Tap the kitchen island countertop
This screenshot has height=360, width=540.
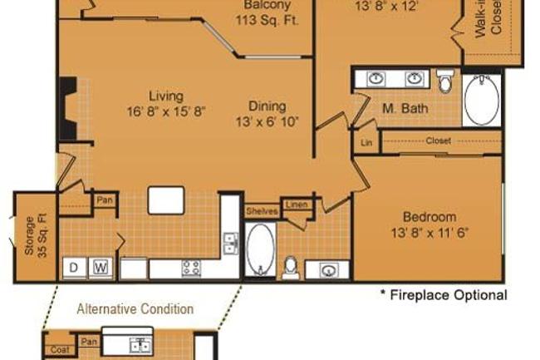point(166,200)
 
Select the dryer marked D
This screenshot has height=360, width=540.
point(74,268)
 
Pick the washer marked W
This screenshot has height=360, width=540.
point(101,268)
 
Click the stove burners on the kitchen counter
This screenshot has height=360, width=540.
point(191,268)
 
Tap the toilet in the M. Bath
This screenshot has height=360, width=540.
point(446,81)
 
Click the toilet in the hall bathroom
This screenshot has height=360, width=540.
point(291,266)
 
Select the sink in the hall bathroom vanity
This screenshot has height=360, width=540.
point(326,269)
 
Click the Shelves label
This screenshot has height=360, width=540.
point(262,211)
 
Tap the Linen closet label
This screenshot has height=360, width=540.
point(297,205)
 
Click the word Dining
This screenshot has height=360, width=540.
point(267,106)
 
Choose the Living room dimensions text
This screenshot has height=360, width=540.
point(166,111)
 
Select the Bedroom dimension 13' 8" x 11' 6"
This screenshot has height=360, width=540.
point(430,233)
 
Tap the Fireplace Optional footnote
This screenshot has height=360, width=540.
point(443,295)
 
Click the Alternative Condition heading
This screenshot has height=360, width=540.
point(135,309)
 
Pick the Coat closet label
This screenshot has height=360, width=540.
point(59,349)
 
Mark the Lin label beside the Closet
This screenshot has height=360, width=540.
point(366,141)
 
